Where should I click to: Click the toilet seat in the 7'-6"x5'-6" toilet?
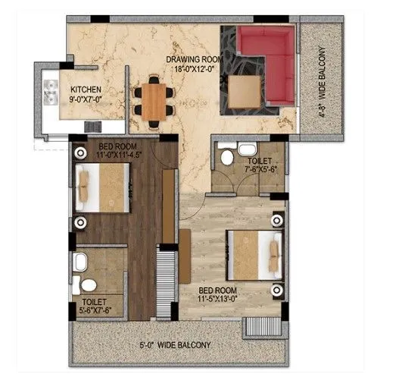(226, 158)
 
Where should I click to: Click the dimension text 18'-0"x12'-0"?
(194, 68)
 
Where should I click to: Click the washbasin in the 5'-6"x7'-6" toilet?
(78, 263)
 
